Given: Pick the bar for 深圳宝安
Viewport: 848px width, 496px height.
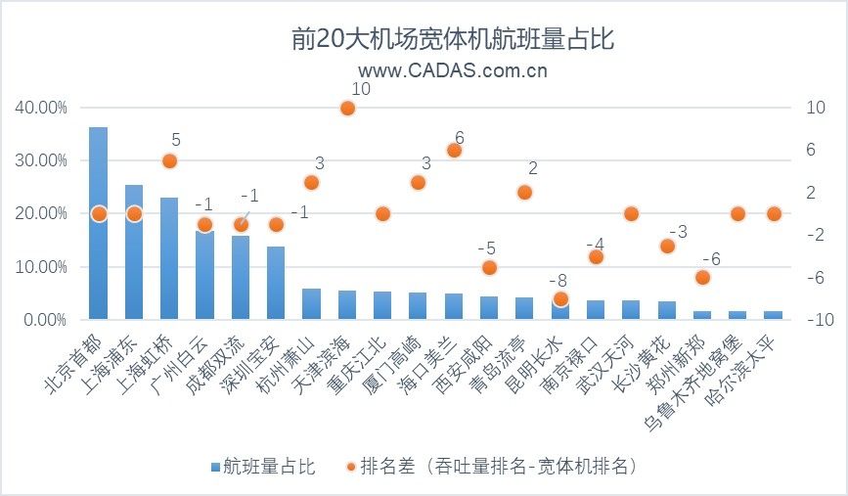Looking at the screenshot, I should pos(276,283).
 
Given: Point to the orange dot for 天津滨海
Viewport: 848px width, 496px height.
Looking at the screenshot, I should pos(347,108).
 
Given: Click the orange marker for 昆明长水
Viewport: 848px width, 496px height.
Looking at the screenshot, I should pos(560,299).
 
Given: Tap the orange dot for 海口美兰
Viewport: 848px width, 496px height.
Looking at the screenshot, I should pos(454,150).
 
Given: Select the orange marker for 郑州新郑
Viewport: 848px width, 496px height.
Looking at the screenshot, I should pos(702,278).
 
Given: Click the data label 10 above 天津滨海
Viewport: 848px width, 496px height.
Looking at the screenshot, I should pos(360,89).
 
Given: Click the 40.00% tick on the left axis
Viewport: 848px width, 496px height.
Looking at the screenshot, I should pos(41,107).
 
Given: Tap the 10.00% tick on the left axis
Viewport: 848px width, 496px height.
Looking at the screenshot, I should pos(41,267).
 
